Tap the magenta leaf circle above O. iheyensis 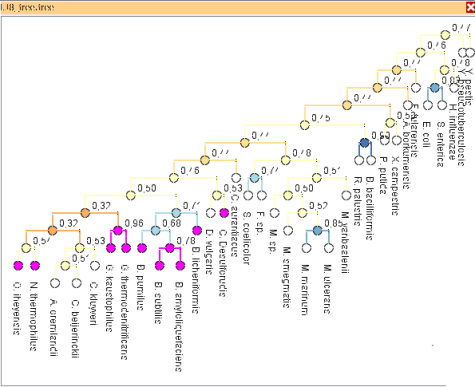tap(18, 265)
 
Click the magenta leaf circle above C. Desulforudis tap(224, 213)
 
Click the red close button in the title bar tap(467, 7)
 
